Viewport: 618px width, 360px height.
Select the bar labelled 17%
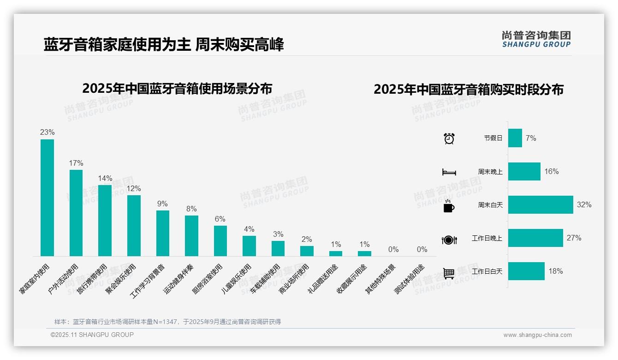point(76,213)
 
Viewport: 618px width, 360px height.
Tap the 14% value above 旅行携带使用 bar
point(105,178)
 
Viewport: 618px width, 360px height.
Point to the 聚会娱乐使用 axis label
point(121,279)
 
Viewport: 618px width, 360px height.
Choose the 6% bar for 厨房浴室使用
point(220,240)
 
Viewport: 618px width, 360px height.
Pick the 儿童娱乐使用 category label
point(236,279)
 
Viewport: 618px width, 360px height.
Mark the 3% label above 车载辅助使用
point(278,234)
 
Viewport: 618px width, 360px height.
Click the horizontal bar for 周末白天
point(540,204)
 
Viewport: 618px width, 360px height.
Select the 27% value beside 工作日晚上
point(574,238)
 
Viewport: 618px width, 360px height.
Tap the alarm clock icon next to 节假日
point(449,138)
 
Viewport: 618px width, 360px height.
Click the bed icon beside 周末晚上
point(449,172)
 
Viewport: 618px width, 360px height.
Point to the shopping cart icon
point(449,273)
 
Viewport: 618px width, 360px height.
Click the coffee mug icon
point(449,206)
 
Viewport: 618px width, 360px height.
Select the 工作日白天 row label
point(487,271)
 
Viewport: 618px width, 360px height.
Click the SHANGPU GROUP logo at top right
point(536,39)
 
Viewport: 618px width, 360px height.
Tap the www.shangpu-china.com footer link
point(537,335)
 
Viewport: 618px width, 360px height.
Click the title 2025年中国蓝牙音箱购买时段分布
point(469,89)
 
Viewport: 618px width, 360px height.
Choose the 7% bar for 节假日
point(515,138)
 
